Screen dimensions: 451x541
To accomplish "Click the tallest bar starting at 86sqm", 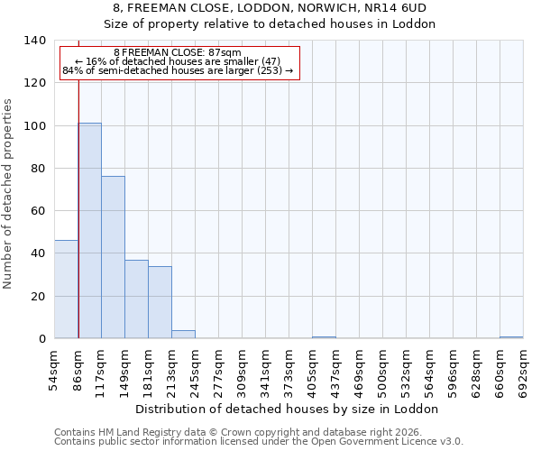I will tap(89, 230).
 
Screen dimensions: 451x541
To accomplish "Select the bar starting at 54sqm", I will tap(66, 289).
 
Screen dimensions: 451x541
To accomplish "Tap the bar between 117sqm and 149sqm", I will tap(113, 257).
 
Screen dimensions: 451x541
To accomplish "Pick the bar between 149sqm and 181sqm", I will tap(136, 299).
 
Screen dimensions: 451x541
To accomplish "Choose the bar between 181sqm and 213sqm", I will tap(160, 302).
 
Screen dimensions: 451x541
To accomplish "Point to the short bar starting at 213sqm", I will tap(183, 335).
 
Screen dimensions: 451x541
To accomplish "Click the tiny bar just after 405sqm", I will tap(324, 337).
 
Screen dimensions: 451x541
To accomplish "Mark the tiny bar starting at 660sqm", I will tap(511, 337).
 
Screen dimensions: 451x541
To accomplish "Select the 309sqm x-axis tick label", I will tap(243, 369).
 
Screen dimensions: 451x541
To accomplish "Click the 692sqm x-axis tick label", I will tap(524, 369).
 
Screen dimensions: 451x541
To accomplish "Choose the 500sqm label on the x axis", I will tap(383, 369).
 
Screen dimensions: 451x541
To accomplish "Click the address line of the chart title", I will tap(270, 8).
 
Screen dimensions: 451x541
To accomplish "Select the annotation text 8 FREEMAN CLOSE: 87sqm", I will tap(178, 53).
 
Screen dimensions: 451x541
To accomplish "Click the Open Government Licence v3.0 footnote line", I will tap(258, 441).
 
